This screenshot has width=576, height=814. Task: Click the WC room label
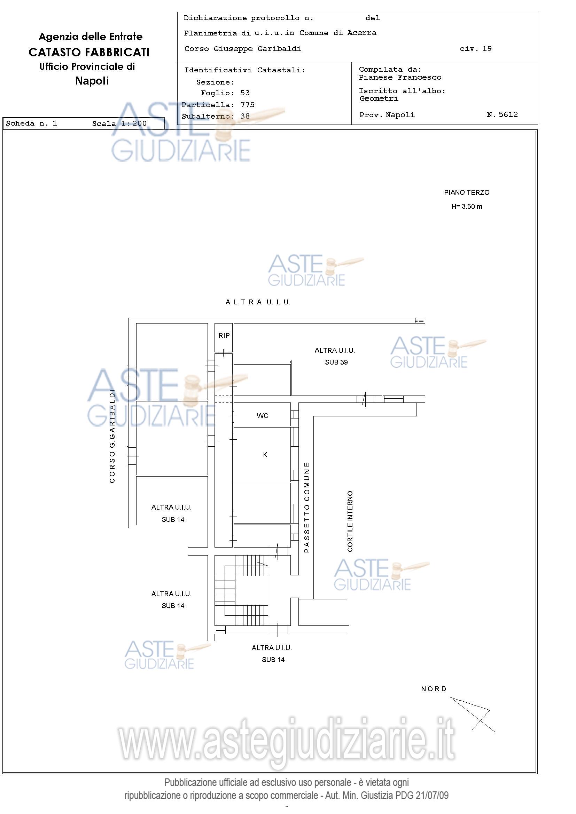click(x=262, y=416)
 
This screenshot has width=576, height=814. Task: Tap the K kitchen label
click(x=265, y=455)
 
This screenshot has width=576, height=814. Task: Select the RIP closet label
click(x=224, y=335)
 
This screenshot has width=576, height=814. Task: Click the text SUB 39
click(x=336, y=362)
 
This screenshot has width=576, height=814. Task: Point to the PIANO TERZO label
click(x=467, y=192)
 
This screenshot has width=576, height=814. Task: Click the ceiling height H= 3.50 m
click(x=467, y=207)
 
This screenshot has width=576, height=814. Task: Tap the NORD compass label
click(x=434, y=689)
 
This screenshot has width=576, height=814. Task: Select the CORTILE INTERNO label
click(x=350, y=521)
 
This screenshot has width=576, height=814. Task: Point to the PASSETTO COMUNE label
click(x=307, y=507)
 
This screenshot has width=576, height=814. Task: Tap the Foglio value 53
click(x=245, y=93)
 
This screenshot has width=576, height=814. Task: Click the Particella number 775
click(x=247, y=105)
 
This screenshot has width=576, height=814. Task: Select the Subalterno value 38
click(x=245, y=116)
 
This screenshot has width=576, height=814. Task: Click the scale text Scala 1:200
click(x=119, y=123)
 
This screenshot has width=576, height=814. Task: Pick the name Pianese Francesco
click(x=400, y=77)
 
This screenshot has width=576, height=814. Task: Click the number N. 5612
click(x=502, y=114)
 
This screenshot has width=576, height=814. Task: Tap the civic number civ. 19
click(x=476, y=49)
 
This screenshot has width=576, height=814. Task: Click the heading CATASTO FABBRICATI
click(x=89, y=53)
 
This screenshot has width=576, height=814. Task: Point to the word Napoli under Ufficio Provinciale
click(x=92, y=81)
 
